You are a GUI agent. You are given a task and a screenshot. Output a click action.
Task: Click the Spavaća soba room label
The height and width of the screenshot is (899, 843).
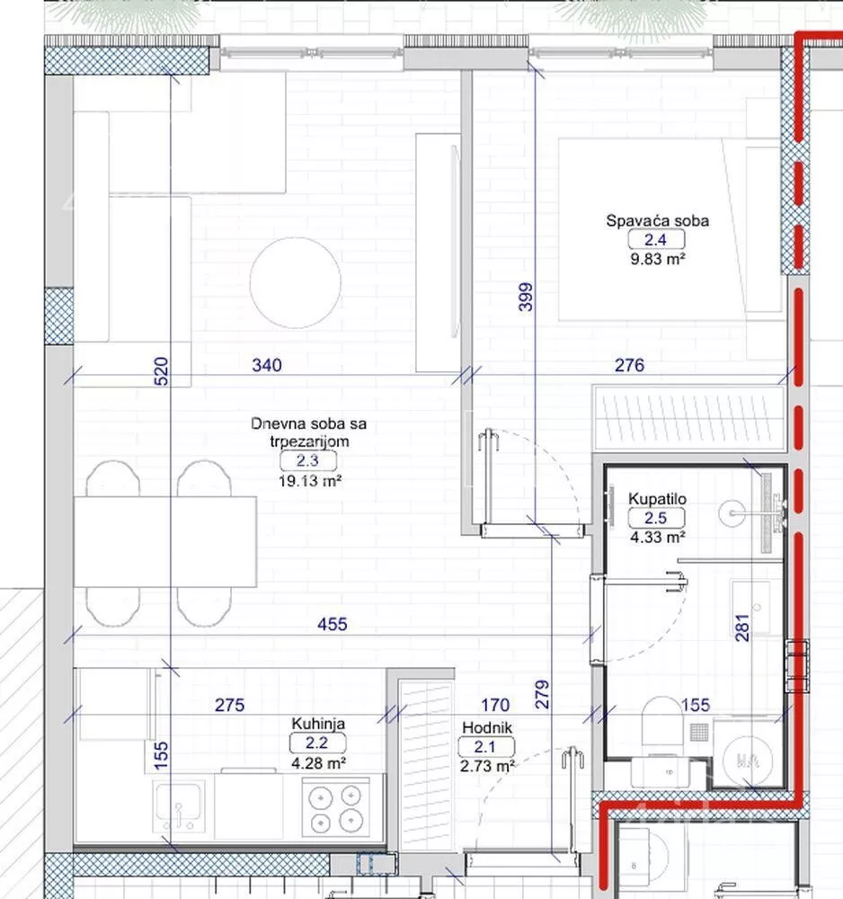coord(657,221)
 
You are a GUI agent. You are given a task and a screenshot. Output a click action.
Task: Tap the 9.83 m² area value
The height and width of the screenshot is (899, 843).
coord(658,259)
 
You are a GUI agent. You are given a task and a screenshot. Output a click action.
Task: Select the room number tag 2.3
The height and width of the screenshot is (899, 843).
coord(307,461)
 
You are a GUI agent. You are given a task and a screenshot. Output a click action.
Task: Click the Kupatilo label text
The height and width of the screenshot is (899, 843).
coord(657,499)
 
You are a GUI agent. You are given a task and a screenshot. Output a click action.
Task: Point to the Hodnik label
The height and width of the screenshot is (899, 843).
coord(487,727)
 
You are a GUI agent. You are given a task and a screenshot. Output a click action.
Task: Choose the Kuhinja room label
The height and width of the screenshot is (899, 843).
coord(318,724)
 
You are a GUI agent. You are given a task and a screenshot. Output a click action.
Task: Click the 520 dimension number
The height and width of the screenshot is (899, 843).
coord(162,371)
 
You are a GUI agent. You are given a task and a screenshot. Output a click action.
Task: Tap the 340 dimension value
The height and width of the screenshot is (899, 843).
coord(267,365)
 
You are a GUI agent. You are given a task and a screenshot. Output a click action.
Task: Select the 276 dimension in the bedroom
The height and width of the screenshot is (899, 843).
coord(629,365)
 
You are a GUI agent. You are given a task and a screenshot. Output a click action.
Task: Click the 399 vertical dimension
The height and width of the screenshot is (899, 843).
coord(526,297)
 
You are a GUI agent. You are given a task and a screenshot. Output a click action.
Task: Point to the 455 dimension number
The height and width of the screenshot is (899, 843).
coord(333,624)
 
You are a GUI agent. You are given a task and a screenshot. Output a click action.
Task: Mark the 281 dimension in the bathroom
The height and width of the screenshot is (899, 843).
coord(742,628)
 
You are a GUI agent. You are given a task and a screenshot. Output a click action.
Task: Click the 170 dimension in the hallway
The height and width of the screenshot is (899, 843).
coord(495,704)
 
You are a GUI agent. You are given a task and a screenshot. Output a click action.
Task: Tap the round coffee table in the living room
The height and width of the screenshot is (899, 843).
coord(296,282)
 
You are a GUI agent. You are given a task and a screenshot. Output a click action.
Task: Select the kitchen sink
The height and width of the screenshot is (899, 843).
coord(179,806)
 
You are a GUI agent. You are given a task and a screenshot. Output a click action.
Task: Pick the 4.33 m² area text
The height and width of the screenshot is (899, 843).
coord(658,538)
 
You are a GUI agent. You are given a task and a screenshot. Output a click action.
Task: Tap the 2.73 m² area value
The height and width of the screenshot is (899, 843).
coord(487,765)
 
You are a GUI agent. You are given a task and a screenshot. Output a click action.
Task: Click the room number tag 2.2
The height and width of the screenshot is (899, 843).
coord(317,743)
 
